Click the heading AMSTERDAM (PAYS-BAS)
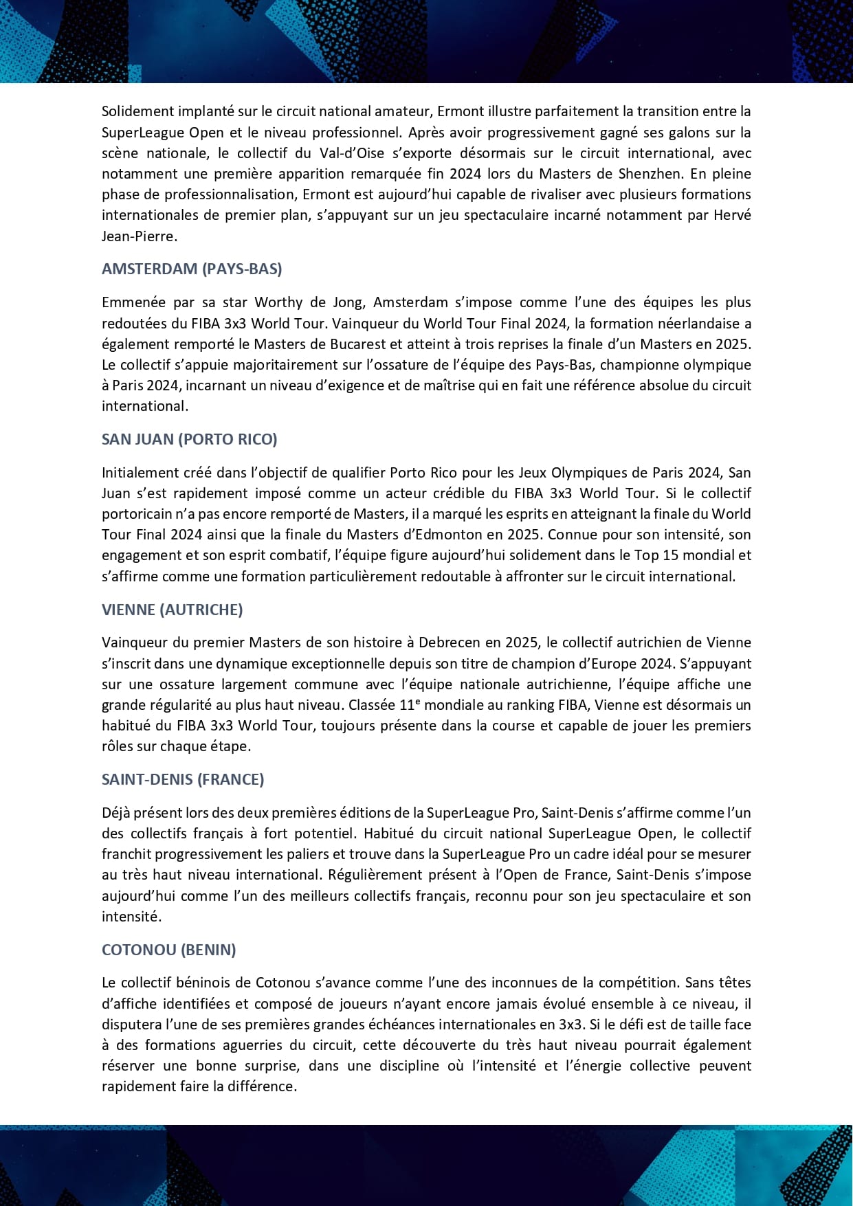[x=192, y=269]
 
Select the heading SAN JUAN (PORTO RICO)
[x=189, y=439]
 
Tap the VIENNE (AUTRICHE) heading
[x=172, y=610]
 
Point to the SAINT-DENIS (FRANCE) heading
[x=183, y=779]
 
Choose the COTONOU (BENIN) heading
[x=168, y=950]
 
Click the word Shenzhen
[x=650, y=173]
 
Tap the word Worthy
[x=278, y=302]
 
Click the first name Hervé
[x=732, y=215]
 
